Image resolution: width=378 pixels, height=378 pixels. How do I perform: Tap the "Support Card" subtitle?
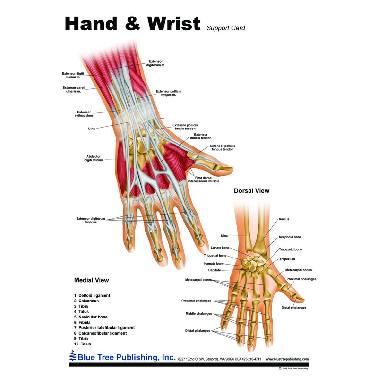(x=225, y=28)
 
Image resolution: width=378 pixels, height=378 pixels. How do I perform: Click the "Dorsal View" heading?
(x=251, y=191)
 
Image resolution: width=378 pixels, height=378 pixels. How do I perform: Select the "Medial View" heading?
(x=91, y=280)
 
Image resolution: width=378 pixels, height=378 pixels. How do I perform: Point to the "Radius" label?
(x=283, y=219)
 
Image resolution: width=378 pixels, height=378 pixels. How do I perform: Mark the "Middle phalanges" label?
(x=198, y=313)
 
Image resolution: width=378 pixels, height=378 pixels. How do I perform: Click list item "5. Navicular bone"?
(x=90, y=317)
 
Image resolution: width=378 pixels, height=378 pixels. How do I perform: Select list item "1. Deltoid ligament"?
(x=92, y=295)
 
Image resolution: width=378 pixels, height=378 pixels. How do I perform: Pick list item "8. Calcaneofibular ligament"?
(x=100, y=333)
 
